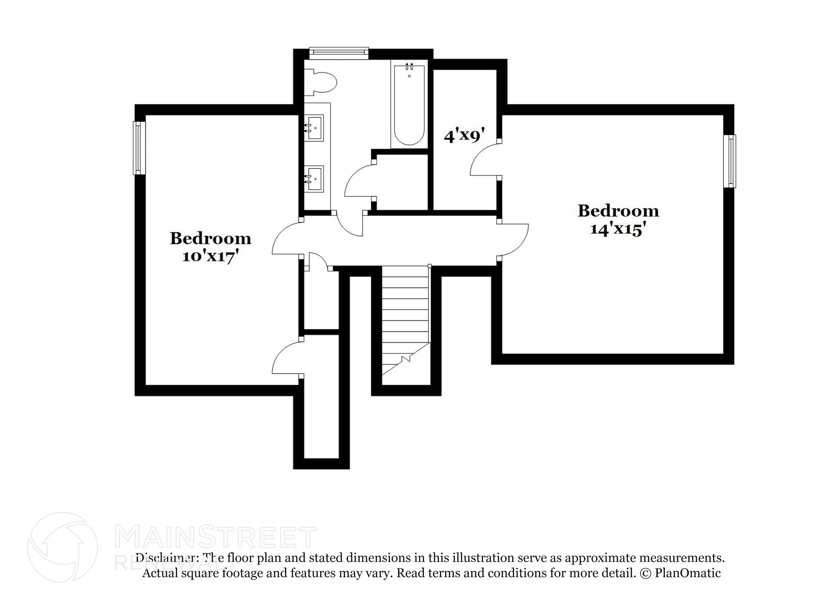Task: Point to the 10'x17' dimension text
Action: click(x=210, y=256)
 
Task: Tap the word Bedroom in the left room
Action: click(x=210, y=238)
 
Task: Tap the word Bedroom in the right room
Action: click(x=618, y=211)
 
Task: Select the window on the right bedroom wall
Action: click(x=731, y=161)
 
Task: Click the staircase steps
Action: click(x=405, y=311)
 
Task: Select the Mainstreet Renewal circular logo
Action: click(x=63, y=547)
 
